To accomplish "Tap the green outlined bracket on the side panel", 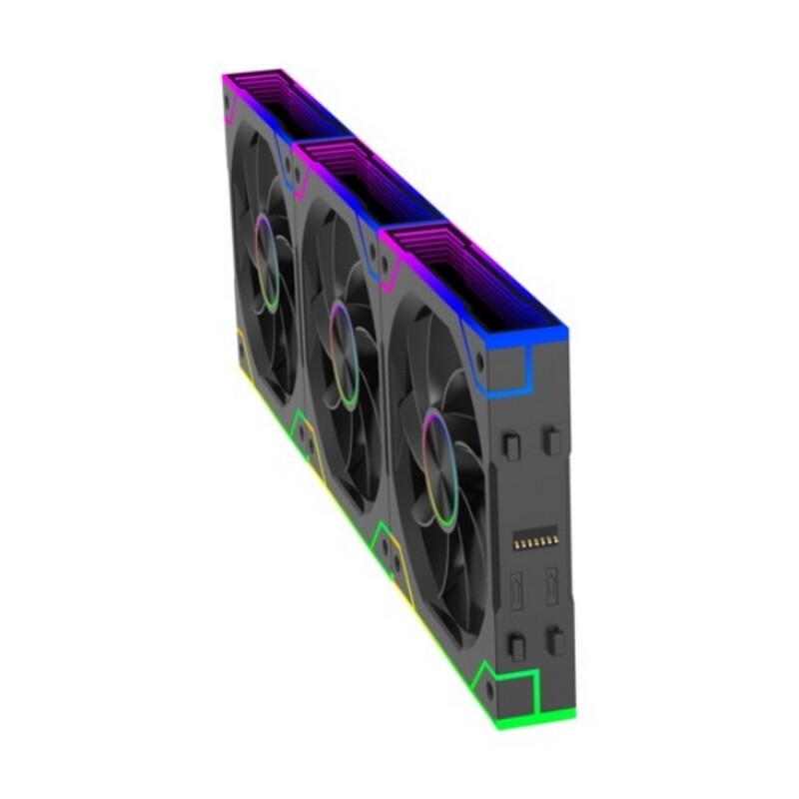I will [519, 689].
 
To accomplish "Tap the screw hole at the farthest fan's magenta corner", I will [232, 102].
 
